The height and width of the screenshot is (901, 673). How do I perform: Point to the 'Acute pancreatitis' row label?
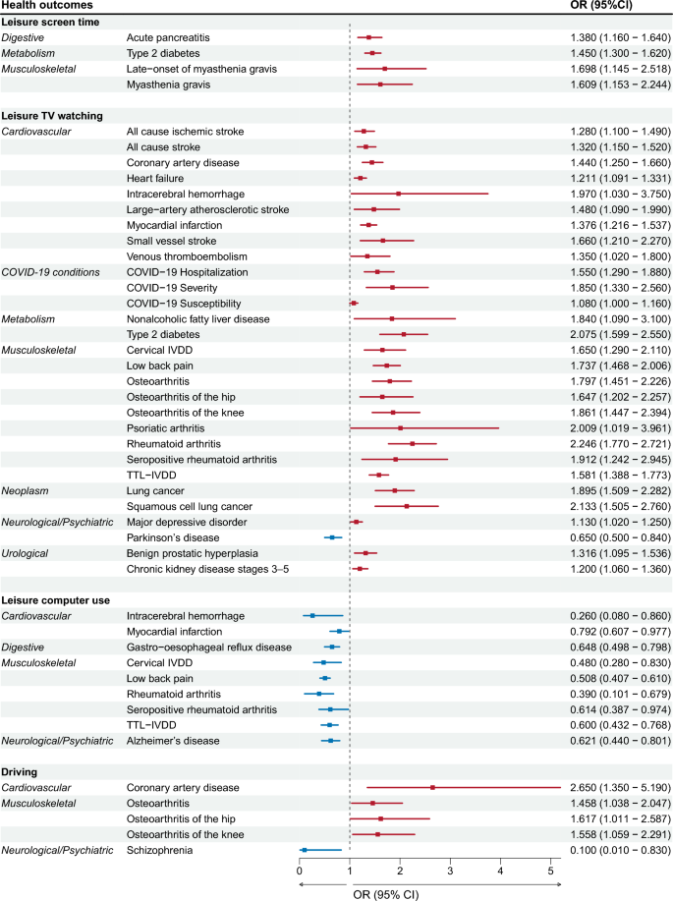point(168,37)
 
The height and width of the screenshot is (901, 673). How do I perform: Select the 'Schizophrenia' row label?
point(161,850)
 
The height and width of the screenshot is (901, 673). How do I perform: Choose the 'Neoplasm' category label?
point(29,490)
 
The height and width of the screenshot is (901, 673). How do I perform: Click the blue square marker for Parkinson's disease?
point(332,537)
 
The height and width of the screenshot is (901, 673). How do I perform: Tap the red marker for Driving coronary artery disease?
point(432,787)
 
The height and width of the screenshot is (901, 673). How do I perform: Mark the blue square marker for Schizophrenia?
point(304,850)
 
